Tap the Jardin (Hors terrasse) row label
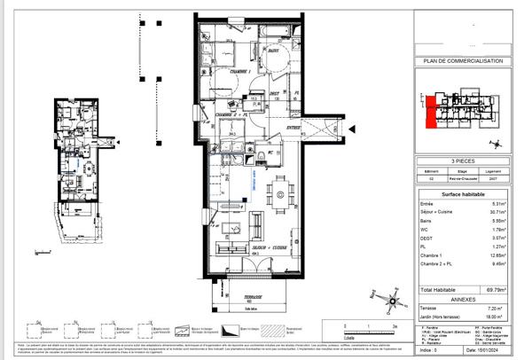pyautogui.click(x=440, y=315)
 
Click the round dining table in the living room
pyautogui.click(x=281, y=194)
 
